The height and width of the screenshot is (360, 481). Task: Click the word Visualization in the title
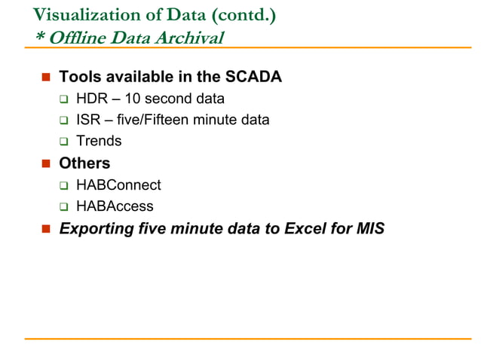(x=79, y=14)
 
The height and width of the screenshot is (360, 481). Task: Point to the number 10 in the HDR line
(x=133, y=98)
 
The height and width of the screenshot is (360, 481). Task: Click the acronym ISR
(x=89, y=119)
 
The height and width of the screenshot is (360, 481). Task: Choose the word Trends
(x=99, y=140)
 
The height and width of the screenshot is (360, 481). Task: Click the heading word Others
(x=84, y=163)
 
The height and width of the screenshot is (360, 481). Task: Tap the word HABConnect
(x=118, y=185)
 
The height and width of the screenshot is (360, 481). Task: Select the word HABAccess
(x=115, y=206)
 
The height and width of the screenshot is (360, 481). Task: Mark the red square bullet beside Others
(x=45, y=163)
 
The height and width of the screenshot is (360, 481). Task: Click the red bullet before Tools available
(x=45, y=77)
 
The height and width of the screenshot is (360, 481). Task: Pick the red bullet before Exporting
(x=45, y=228)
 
